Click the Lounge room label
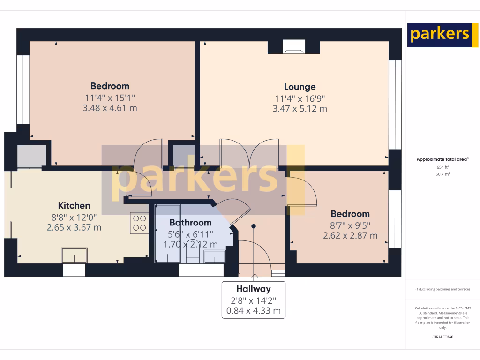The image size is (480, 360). click(x=300, y=87)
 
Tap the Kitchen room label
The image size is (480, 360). click(x=74, y=206)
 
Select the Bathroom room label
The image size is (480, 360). click(x=190, y=223)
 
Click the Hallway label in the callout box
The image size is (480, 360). click(x=253, y=289)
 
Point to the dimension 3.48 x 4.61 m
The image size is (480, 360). click(x=110, y=108)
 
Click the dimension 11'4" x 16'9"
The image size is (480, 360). click(x=300, y=98)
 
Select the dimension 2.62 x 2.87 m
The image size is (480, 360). click(x=350, y=236)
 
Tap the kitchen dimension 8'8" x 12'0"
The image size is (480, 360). click(x=74, y=217)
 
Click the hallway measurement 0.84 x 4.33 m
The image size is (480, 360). click(x=253, y=310)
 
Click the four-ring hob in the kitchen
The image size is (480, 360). click(x=139, y=223)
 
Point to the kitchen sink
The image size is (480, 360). click(x=74, y=256)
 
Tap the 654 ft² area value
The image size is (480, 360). click(x=442, y=167)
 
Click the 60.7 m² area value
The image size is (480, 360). click(x=442, y=174)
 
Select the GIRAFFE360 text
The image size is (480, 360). click(x=442, y=337)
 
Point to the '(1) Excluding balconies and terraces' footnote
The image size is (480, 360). click(x=442, y=289)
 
